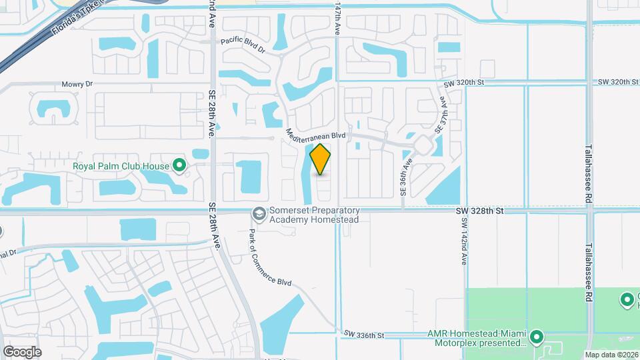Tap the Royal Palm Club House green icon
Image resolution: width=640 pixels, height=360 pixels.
(179, 165)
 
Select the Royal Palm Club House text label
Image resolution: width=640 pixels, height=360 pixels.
(121, 165)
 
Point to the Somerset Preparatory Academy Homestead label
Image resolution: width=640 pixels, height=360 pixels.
(314, 215)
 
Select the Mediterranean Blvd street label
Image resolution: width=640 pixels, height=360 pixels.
(315, 134)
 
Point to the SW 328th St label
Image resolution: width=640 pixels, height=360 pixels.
(479, 211)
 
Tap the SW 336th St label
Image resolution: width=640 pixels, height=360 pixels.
(365, 334)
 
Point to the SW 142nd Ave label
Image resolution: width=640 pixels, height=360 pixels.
(464, 241)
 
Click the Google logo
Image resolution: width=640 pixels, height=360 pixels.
(22, 351)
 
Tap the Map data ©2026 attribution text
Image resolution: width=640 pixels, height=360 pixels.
(611, 355)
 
